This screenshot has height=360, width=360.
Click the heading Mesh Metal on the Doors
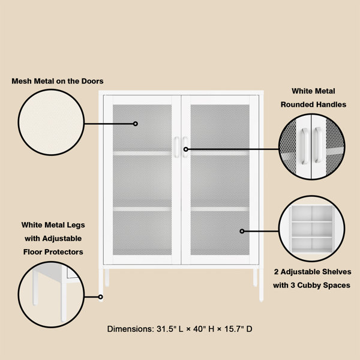[57, 80]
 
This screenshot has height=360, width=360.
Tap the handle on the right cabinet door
[185, 147]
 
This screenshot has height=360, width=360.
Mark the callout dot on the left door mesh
[136, 124]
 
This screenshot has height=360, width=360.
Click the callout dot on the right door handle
[186, 149]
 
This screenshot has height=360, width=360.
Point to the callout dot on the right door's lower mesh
[242, 231]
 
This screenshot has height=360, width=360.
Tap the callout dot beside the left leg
[101, 296]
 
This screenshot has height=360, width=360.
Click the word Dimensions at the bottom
[130, 329]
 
